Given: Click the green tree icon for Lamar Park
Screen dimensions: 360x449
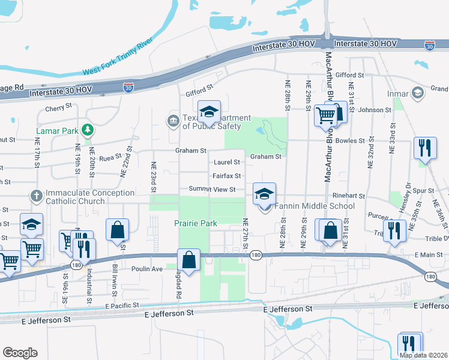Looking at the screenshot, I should (88, 129).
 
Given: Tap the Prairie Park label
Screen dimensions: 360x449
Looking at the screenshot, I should (196, 223).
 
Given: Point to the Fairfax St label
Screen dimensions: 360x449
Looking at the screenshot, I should (226, 176).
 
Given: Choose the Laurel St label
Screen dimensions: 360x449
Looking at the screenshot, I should (227, 162).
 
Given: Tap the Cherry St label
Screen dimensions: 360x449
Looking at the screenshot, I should (59, 109).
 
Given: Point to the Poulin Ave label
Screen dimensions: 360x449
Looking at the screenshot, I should (148, 269).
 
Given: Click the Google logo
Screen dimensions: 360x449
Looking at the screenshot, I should (20, 353).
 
